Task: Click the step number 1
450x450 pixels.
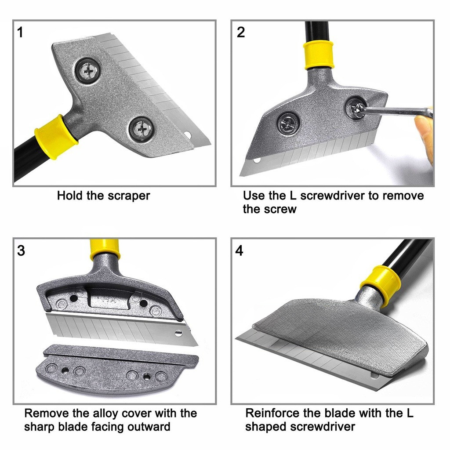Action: (x=20, y=32)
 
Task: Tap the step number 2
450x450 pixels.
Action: (x=241, y=32)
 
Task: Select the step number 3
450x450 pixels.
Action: (x=21, y=250)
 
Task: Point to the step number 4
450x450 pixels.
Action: (x=239, y=250)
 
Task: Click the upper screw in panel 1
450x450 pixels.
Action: (x=88, y=70)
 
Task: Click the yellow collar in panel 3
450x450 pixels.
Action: (x=104, y=249)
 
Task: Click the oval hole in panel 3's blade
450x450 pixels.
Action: (x=178, y=333)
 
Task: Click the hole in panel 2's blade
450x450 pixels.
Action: (x=257, y=160)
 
